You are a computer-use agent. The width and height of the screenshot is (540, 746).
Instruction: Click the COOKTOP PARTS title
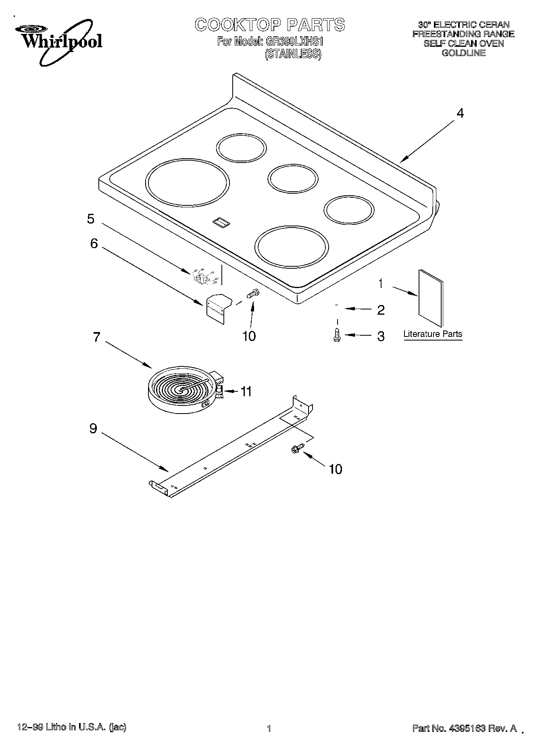[x=270, y=25]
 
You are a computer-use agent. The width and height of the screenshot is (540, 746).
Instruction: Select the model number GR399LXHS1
[x=294, y=41]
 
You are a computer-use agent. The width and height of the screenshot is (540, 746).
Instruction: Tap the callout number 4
[x=460, y=113]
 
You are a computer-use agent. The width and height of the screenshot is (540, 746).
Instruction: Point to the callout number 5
[x=91, y=219]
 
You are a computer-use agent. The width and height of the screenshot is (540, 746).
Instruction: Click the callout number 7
[x=96, y=337]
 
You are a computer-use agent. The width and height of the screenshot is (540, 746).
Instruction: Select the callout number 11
[x=246, y=391]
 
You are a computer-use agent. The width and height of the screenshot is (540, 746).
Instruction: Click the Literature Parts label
[x=433, y=334]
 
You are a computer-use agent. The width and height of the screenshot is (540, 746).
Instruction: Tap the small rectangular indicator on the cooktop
[x=221, y=221]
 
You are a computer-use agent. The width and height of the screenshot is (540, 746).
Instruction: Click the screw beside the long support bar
[x=295, y=449]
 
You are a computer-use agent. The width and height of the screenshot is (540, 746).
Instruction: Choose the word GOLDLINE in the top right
[x=463, y=53]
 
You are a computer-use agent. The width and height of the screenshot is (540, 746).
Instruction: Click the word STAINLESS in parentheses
[x=293, y=54]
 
